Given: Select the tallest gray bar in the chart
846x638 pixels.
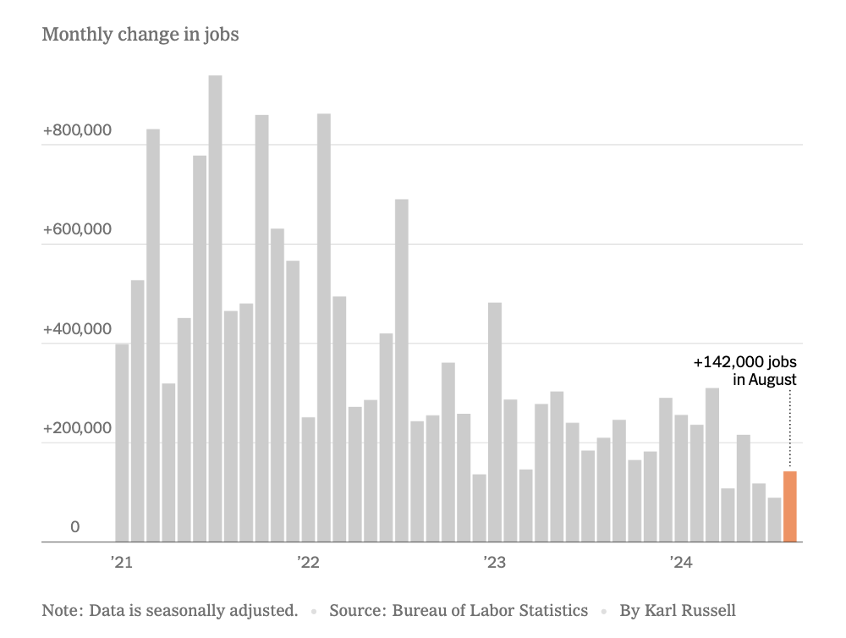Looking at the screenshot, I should click(x=215, y=309).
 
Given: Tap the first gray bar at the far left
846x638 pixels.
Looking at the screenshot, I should click(x=122, y=443).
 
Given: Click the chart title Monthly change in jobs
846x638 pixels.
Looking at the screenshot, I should click(x=140, y=35).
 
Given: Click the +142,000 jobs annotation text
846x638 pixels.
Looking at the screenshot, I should click(x=744, y=362).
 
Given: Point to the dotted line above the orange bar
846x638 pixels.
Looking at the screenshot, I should click(x=789, y=427).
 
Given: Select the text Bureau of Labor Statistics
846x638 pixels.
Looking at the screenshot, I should click(x=490, y=610).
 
